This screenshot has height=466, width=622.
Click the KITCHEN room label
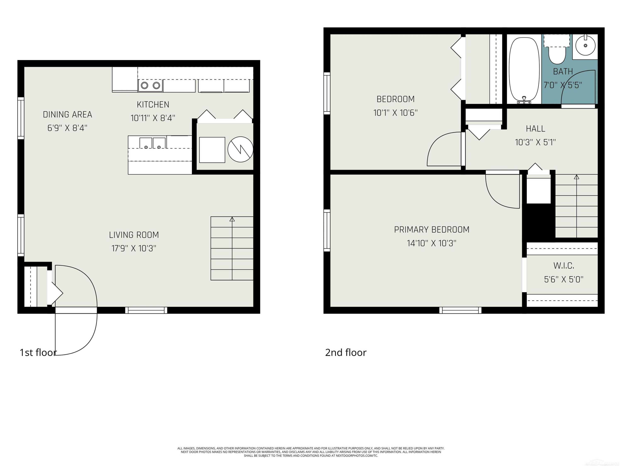click(x=153, y=105)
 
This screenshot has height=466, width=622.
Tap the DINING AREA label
click(x=67, y=115)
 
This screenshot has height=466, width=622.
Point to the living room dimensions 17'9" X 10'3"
click(x=134, y=248)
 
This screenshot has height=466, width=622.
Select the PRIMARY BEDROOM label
click(x=432, y=230)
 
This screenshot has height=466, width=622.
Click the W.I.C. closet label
click(x=564, y=266)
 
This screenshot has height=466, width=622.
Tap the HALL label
click(x=535, y=129)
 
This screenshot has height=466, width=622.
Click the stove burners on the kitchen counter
click(x=151, y=85)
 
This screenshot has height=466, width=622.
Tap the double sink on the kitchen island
click(x=152, y=143)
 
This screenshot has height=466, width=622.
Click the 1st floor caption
click(x=38, y=353)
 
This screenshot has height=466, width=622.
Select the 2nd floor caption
click(x=346, y=353)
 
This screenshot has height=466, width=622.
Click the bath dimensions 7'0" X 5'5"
click(x=563, y=85)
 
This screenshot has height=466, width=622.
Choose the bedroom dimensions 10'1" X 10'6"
click(x=395, y=113)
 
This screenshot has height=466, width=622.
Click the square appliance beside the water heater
click(x=212, y=150)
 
